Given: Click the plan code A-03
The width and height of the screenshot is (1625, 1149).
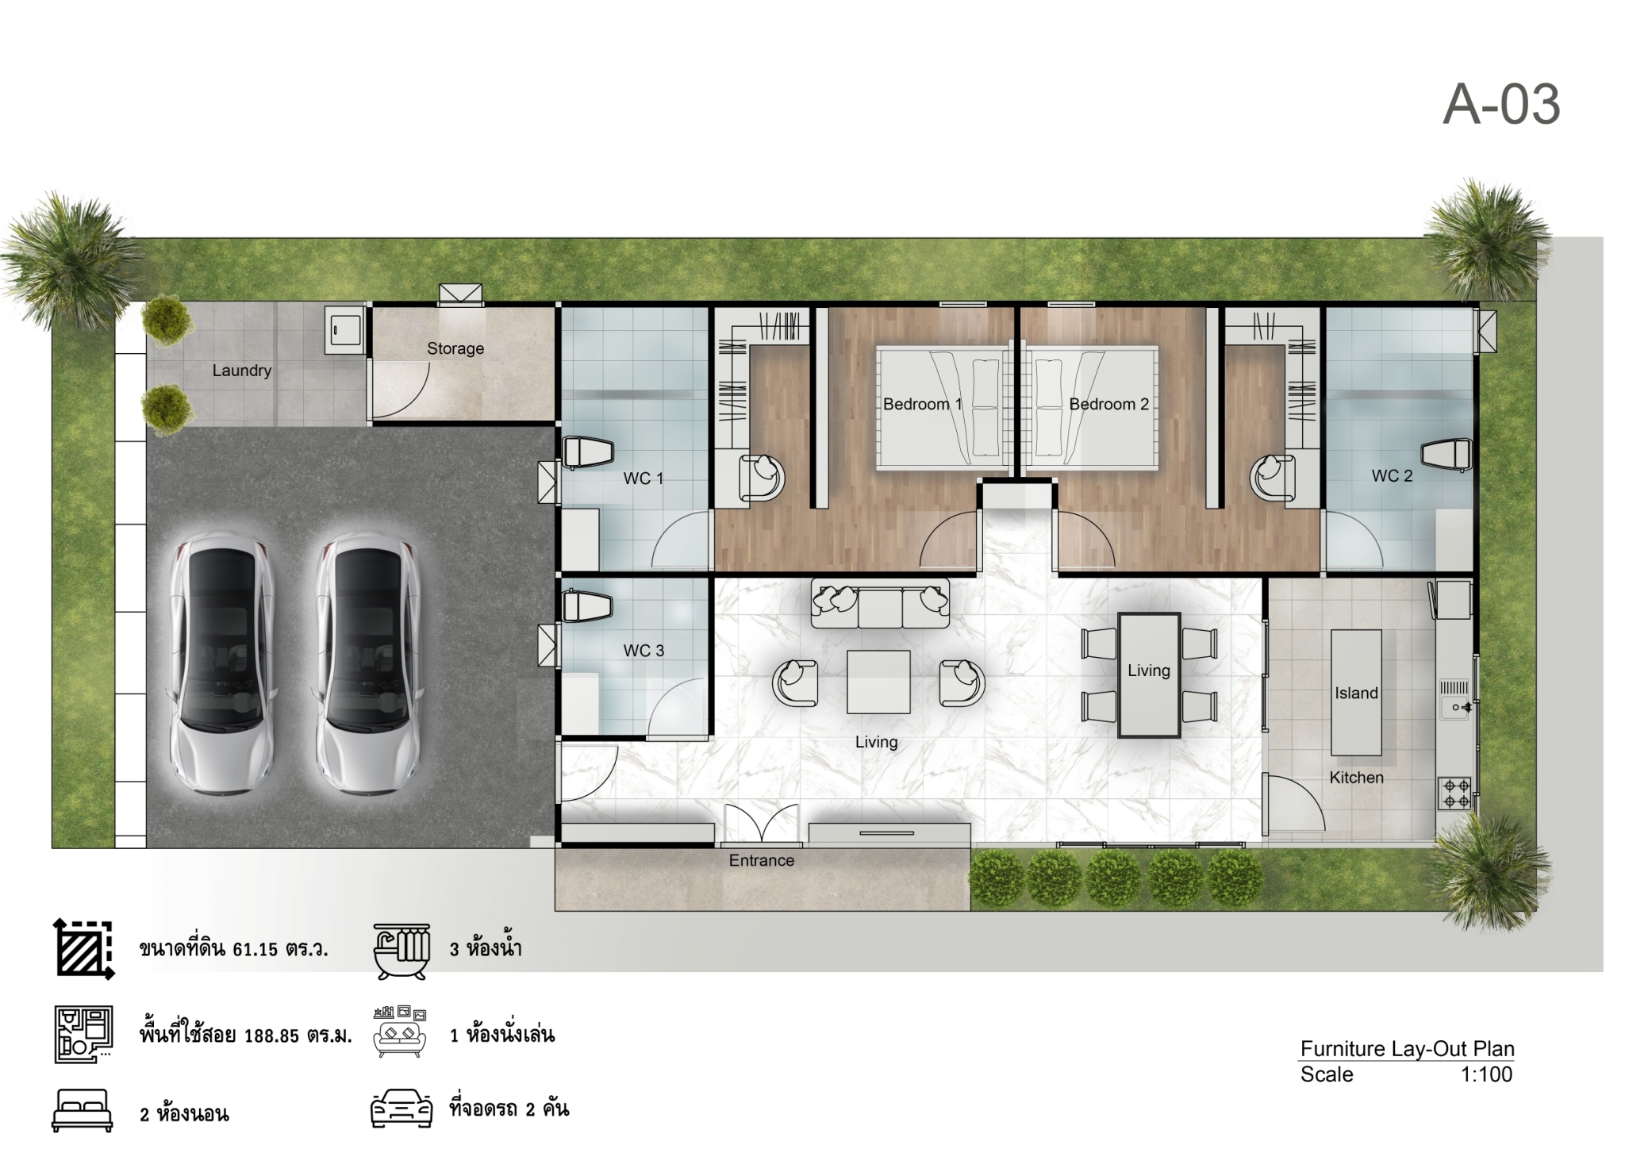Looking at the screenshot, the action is pos(1501,105).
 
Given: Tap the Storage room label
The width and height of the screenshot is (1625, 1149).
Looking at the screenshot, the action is pos(455,348).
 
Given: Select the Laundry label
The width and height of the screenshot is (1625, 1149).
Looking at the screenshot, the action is pos(242,371).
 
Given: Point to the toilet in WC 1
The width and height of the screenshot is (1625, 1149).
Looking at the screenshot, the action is pos(588,452).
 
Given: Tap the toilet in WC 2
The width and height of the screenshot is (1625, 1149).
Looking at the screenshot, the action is pos(1446,455).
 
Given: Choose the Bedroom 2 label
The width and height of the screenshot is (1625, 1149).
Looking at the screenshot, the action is pos(1108,404).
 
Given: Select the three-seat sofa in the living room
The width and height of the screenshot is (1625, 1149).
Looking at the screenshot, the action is pos(880,602).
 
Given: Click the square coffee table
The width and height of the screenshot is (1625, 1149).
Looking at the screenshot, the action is pos(878,682).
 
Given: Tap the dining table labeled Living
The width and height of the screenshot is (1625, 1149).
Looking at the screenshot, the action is pos(1149,674).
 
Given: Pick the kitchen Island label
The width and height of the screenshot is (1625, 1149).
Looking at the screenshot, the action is pos(1356,694).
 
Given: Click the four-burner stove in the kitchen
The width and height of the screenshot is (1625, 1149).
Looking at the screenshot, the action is pos(1455,794).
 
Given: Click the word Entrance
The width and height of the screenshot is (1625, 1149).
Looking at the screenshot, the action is pos(762,860).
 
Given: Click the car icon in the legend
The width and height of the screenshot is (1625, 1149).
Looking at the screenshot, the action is pos(401,1109).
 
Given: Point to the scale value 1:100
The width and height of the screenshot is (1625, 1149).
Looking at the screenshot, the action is pos(1486,1074).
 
